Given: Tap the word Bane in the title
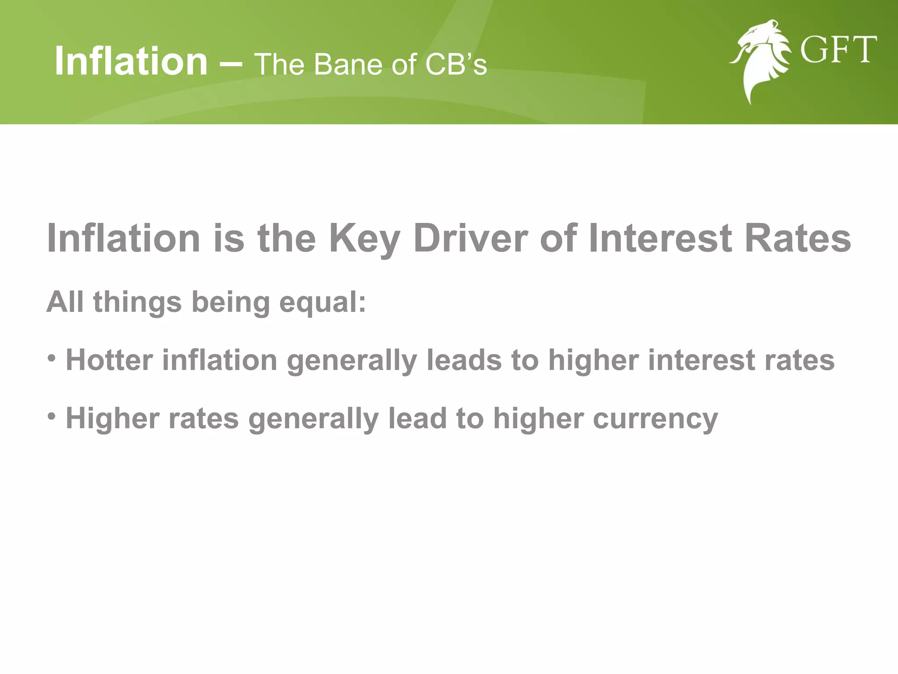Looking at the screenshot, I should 349,65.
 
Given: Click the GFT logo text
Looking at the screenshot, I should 838,50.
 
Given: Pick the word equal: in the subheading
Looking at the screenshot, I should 322,303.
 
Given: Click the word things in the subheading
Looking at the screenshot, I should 137,303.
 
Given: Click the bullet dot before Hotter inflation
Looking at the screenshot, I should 52,358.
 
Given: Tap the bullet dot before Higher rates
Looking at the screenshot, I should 52,415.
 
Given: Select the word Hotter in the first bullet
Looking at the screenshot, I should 109,360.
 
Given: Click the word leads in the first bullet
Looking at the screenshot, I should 464,360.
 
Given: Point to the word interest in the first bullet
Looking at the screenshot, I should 701,360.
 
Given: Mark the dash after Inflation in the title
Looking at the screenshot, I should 230,64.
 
